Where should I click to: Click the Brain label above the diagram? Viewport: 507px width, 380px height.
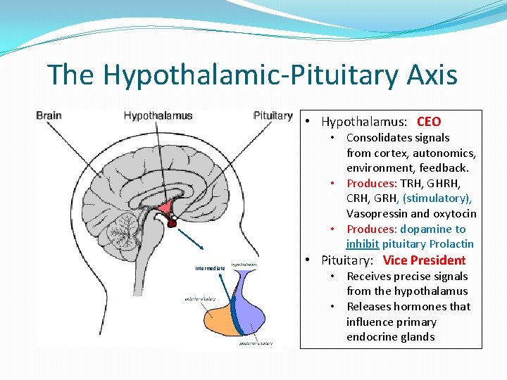[49, 115]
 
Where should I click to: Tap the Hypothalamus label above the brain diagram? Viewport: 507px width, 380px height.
[158, 115]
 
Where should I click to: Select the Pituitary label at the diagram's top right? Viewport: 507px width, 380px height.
[273, 115]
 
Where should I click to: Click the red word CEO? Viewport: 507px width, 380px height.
[429, 122]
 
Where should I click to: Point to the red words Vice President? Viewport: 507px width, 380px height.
[424, 260]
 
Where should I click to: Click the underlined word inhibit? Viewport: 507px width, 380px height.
[363, 244]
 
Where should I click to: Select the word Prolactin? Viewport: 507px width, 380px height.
[451, 244]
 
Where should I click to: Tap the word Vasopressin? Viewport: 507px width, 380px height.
[377, 213]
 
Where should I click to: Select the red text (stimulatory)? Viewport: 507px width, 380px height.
[437, 198]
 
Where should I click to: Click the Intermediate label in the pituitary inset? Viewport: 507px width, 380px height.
[210, 268]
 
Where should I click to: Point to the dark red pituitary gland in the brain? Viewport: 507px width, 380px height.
[171, 224]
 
